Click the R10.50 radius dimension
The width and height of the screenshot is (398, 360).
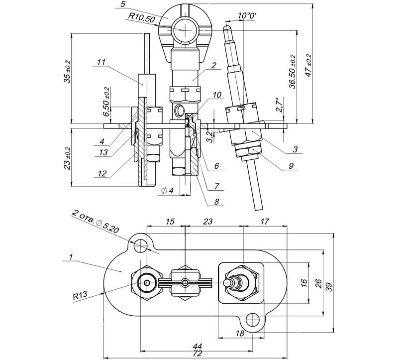(x=141, y=18)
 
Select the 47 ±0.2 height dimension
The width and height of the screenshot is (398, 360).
(x=308, y=65)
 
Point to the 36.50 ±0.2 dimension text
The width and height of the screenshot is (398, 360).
(x=293, y=71)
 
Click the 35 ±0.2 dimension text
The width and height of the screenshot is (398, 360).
(x=68, y=72)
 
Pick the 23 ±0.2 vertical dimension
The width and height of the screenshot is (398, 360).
(x=68, y=158)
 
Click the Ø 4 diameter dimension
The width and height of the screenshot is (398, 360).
(x=167, y=190)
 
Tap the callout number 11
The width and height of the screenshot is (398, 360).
(x=101, y=62)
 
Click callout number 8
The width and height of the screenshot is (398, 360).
(x=216, y=202)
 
